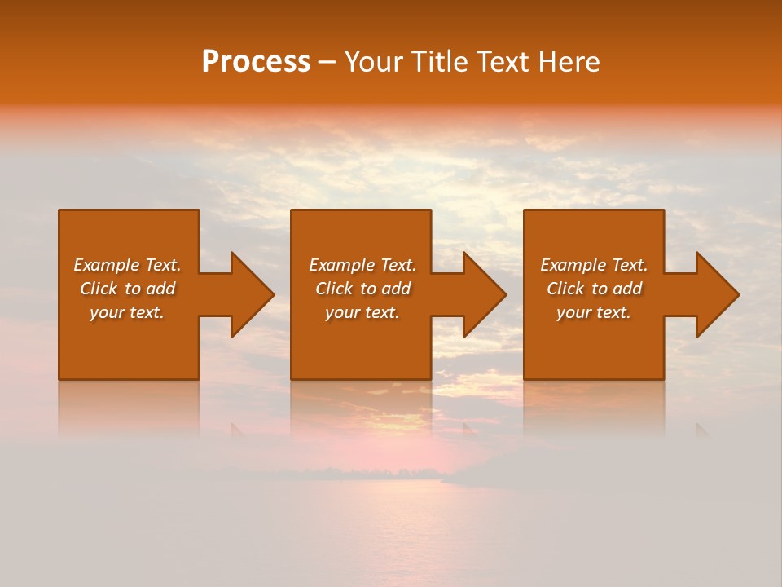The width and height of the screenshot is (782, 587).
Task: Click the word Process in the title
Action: pyautogui.click(x=256, y=62)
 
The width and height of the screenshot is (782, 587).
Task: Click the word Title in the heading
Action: pyautogui.click(x=440, y=62)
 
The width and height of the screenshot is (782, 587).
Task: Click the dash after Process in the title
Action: pyautogui.click(x=327, y=63)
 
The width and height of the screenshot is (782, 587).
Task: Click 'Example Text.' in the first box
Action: pyautogui.click(x=127, y=265)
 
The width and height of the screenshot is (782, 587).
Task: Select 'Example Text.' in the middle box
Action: pyautogui.click(x=362, y=265)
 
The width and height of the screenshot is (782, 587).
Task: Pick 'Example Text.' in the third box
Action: pyautogui.click(x=594, y=265)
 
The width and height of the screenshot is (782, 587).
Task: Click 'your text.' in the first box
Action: pyautogui.click(x=127, y=312)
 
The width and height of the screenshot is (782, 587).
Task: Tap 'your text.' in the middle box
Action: pyautogui.click(x=362, y=312)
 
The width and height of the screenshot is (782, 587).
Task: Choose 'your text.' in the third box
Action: pyautogui.click(x=594, y=312)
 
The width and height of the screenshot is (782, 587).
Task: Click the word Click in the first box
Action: pyautogui.click(x=98, y=289)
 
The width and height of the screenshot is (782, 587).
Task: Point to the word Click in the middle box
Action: pyautogui.click(x=333, y=289)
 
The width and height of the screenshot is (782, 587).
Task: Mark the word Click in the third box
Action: pyautogui.click(x=565, y=289)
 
